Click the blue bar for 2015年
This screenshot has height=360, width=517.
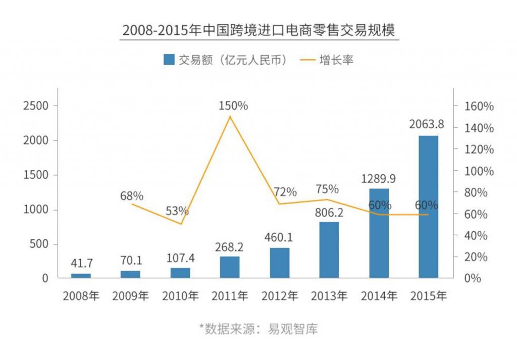pyautogui.click(x=428, y=207)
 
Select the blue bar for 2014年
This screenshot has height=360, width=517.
pyautogui.click(x=379, y=233)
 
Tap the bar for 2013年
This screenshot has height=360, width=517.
pyautogui.click(x=329, y=249)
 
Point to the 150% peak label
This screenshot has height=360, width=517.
pyautogui.click(x=233, y=106)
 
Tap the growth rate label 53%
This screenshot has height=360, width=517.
pyautogui.click(x=177, y=211)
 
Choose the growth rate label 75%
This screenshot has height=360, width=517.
pyautogui.click(x=327, y=189)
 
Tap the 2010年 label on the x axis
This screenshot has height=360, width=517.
pyautogui.click(x=180, y=296)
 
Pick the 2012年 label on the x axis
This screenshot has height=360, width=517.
pyautogui.click(x=279, y=296)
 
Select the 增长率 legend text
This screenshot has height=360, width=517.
pyautogui.click(x=336, y=60)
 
